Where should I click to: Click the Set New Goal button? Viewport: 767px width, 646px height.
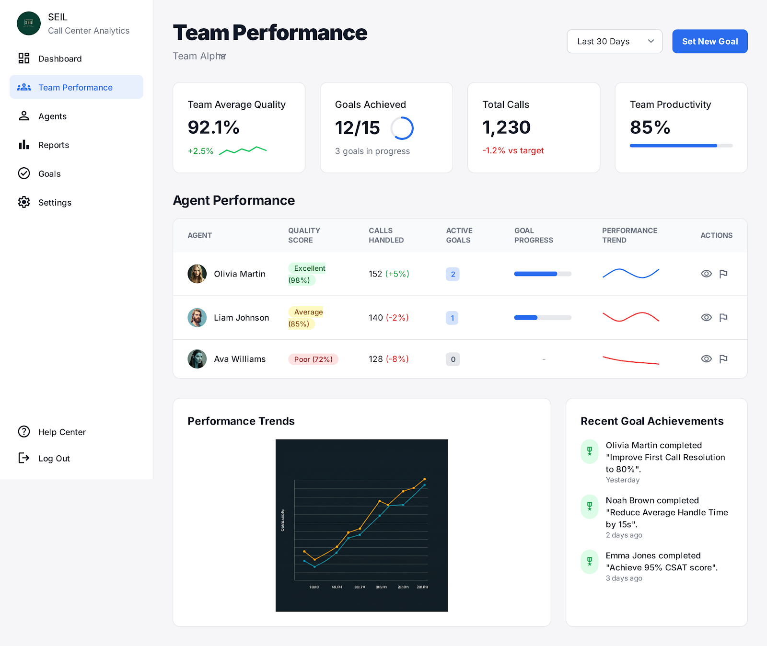pos(709,41)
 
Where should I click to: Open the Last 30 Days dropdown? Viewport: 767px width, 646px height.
pos(614,41)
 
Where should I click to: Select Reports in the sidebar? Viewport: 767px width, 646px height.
pos(53,145)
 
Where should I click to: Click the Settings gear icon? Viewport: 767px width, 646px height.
pos(24,202)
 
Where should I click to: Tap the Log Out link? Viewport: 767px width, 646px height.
pos(54,458)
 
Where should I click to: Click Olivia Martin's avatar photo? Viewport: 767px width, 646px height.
pos(197,274)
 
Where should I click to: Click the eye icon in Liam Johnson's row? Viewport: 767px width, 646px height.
pos(706,317)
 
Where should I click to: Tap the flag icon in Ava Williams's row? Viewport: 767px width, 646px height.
pos(723,359)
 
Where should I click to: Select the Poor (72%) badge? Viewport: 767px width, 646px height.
pos(313,359)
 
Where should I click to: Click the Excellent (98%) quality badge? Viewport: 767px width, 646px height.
pos(306,274)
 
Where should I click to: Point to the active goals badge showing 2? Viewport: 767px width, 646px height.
pos(453,274)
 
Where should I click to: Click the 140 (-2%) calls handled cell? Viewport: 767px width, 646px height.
pos(388,317)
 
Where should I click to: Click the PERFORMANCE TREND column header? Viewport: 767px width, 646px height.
pos(629,235)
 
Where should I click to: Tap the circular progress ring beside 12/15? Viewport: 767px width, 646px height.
pos(402,128)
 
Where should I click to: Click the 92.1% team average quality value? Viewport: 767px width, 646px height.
pos(213,127)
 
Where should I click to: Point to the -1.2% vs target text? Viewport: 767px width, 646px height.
pos(513,150)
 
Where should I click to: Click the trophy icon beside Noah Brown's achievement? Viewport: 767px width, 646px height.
pos(590,506)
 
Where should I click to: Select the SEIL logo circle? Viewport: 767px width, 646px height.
pos(29,23)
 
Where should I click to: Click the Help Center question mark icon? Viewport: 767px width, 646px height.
pos(24,431)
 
